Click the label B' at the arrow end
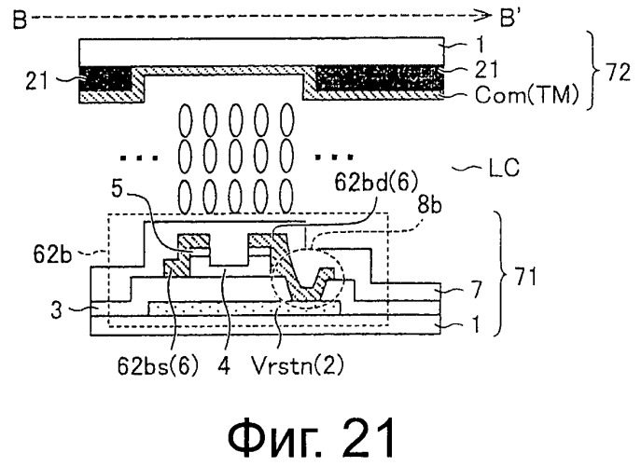click(509, 18)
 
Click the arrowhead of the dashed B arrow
click(486, 16)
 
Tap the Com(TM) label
click(527, 95)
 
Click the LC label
click(504, 168)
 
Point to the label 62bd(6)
click(375, 183)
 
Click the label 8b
click(429, 206)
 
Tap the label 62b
click(52, 254)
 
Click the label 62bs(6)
click(158, 366)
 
